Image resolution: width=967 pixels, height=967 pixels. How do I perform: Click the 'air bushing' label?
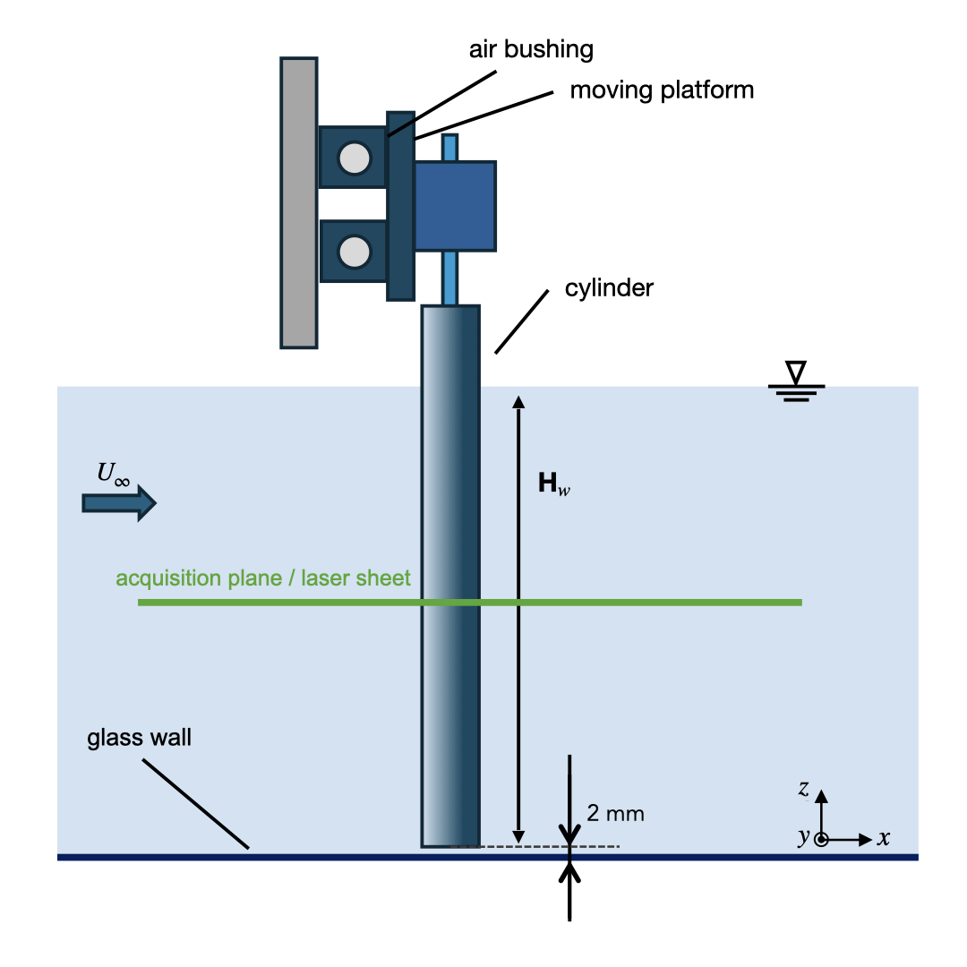[531, 48]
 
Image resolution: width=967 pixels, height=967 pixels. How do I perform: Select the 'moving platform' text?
[662, 90]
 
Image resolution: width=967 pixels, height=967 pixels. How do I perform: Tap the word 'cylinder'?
[609, 288]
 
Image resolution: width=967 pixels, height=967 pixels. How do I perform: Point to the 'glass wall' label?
[140, 739]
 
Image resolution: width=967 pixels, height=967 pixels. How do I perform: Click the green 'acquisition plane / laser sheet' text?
[263, 578]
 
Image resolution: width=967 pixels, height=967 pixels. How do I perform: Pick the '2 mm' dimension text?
[615, 814]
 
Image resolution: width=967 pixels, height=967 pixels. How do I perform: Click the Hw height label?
[553, 485]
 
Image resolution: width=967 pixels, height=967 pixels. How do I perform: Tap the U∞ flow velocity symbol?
[114, 475]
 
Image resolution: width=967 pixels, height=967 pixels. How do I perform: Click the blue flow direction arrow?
[119, 503]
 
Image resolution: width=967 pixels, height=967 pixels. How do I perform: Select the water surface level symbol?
[796, 381]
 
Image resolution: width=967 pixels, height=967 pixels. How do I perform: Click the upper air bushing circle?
[355, 158]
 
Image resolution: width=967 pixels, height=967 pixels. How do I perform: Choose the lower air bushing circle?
[355, 252]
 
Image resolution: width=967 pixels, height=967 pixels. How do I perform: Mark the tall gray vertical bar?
[298, 202]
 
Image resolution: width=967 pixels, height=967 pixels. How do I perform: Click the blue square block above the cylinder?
[455, 206]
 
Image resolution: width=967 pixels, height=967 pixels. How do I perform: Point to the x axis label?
[884, 839]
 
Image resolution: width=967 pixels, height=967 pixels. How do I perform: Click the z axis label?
[804, 789]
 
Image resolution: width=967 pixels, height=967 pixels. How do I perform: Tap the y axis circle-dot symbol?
[821, 840]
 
